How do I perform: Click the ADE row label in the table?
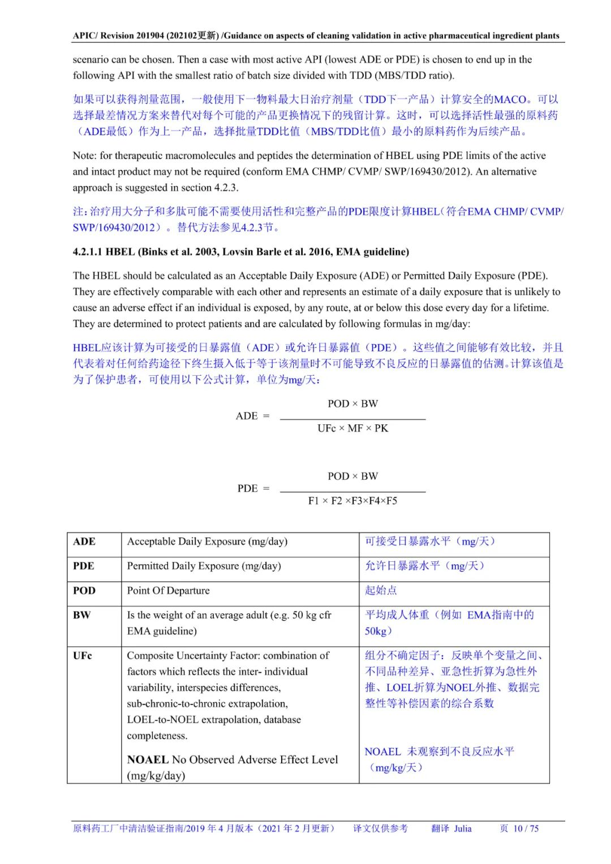click(84, 541)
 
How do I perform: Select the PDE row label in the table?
click(84, 566)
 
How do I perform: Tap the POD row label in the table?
click(84, 591)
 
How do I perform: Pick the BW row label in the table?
click(81, 615)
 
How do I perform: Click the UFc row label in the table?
click(83, 656)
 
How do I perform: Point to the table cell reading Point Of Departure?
click(168, 591)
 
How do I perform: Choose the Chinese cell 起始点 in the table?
click(381, 591)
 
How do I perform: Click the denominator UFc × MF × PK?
click(352, 428)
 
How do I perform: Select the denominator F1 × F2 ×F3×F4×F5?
click(352, 501)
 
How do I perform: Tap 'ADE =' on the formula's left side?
click(252, 416)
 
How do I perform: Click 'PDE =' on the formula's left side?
click(253, 488)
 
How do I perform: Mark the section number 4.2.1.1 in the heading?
click(87, 252)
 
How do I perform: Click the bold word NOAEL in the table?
click(148, 759)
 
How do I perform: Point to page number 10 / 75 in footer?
click(526, 828)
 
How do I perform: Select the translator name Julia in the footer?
click(462, 828)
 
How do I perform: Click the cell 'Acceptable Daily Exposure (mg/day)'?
click(207, 541)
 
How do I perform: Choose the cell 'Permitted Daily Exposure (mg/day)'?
click(204, 566)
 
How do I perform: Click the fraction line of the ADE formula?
click(352, 419)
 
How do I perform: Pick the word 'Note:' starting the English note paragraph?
click(85, 156)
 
